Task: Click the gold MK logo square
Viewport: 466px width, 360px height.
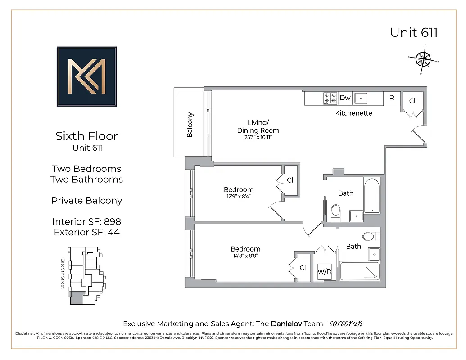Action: tap(86, 76)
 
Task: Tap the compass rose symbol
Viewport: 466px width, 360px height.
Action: tap(423, 58)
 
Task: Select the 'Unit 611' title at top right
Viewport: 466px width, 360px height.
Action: tap(414, 33)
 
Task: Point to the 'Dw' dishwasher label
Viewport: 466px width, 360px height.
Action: tap(345, 98)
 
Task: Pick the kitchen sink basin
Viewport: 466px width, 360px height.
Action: tap(361, 98)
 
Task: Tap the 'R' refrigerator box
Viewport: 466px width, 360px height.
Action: tap(392, 98)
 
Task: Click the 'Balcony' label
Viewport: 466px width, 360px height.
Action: tap(190, 125)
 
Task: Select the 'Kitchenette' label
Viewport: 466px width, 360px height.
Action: tap(353, 113)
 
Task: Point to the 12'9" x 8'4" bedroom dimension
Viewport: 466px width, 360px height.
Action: tap(239, 197)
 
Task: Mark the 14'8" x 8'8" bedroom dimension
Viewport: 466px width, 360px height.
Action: tap(245, 256)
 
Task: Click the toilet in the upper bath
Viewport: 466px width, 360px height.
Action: tap(336, 212)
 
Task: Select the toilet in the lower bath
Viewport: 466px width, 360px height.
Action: tap(368, 237)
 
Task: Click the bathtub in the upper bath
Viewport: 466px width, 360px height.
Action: tap(371, 196)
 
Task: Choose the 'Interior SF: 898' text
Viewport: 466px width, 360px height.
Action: tap(86, 221)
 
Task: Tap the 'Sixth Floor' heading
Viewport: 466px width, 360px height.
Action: tap(86, 136)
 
